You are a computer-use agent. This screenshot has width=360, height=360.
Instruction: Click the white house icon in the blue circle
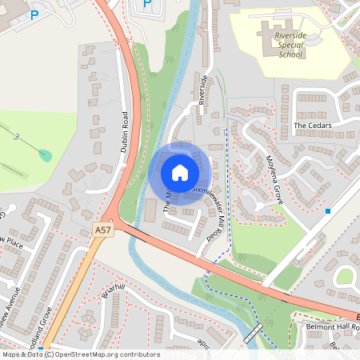[x=180, y=172]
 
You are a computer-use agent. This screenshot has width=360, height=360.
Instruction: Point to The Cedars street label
[x=312, y=126]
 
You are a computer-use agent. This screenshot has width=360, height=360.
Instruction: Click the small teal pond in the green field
[x=46, y=154]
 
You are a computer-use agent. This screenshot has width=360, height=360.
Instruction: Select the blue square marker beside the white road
[x=328, y=211]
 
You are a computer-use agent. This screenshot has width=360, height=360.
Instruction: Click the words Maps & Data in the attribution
[x=22, y=354]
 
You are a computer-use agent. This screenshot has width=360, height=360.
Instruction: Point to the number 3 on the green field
[x=15, y=138]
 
